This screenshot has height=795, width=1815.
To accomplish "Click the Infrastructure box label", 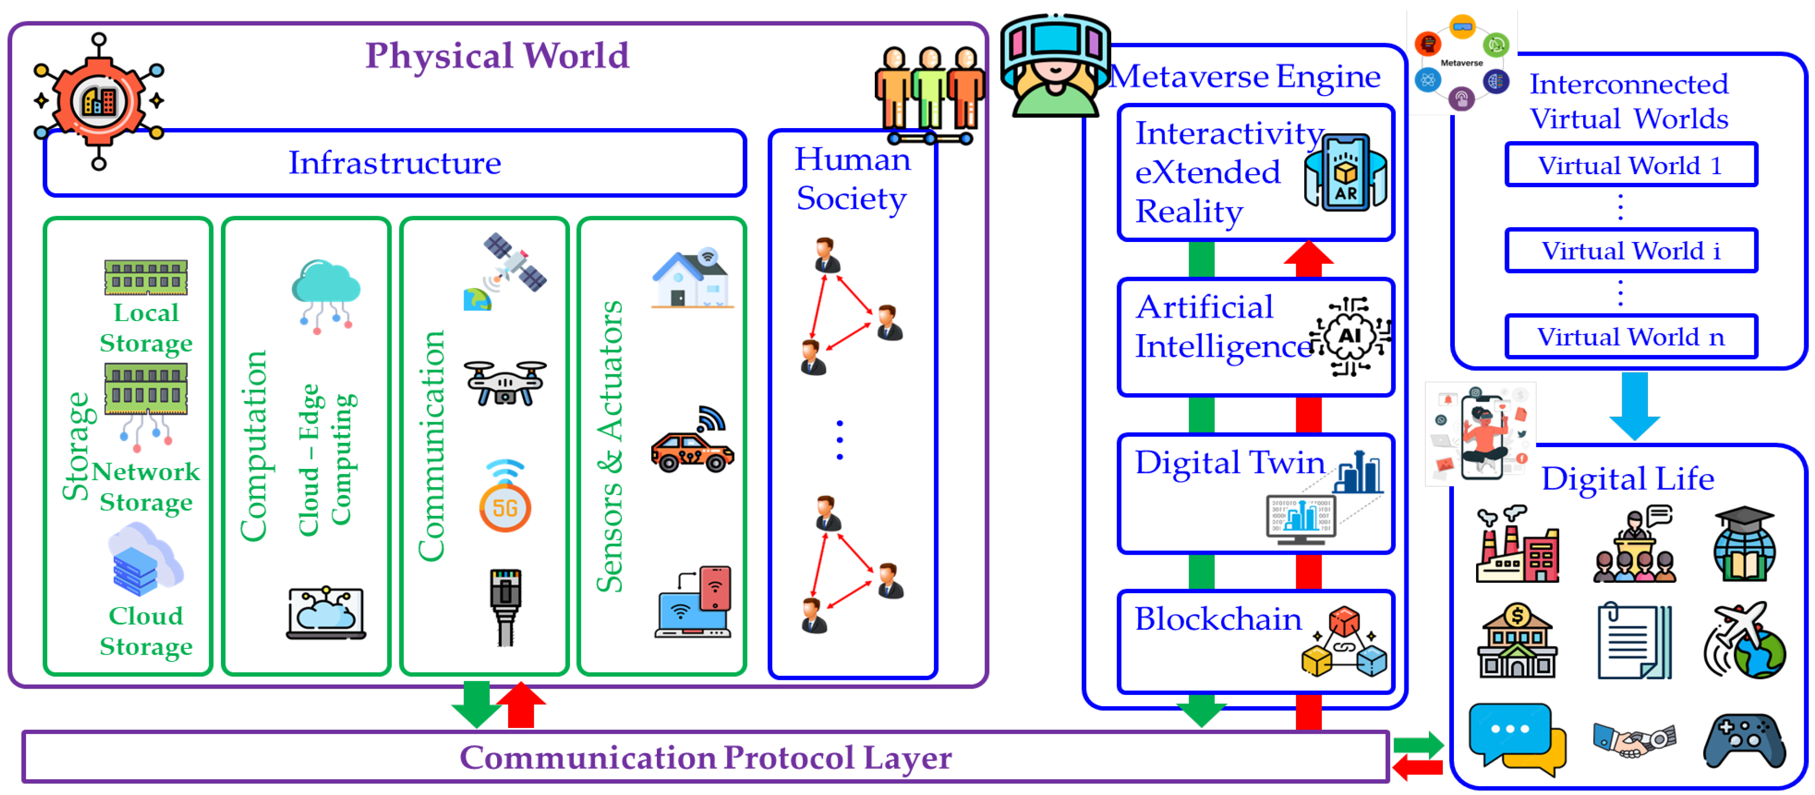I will click(395, 163).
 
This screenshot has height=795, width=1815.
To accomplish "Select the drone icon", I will click(505, 383).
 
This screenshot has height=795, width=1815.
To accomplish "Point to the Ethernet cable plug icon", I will click(505, 606).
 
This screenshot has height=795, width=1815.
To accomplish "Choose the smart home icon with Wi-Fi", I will click(692, 278).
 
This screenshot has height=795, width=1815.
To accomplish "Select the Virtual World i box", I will click(1630, 251).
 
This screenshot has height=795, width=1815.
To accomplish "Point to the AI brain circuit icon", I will click(1349, 336).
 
